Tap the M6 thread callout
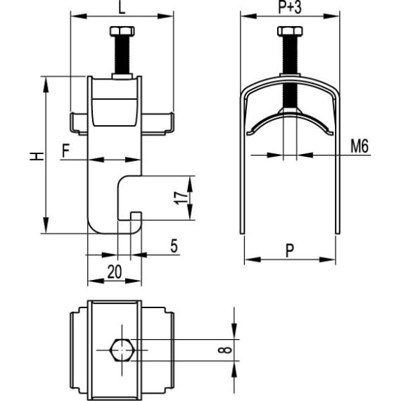(360, 146)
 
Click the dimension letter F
(65, 150)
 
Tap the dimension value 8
(243, 348)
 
